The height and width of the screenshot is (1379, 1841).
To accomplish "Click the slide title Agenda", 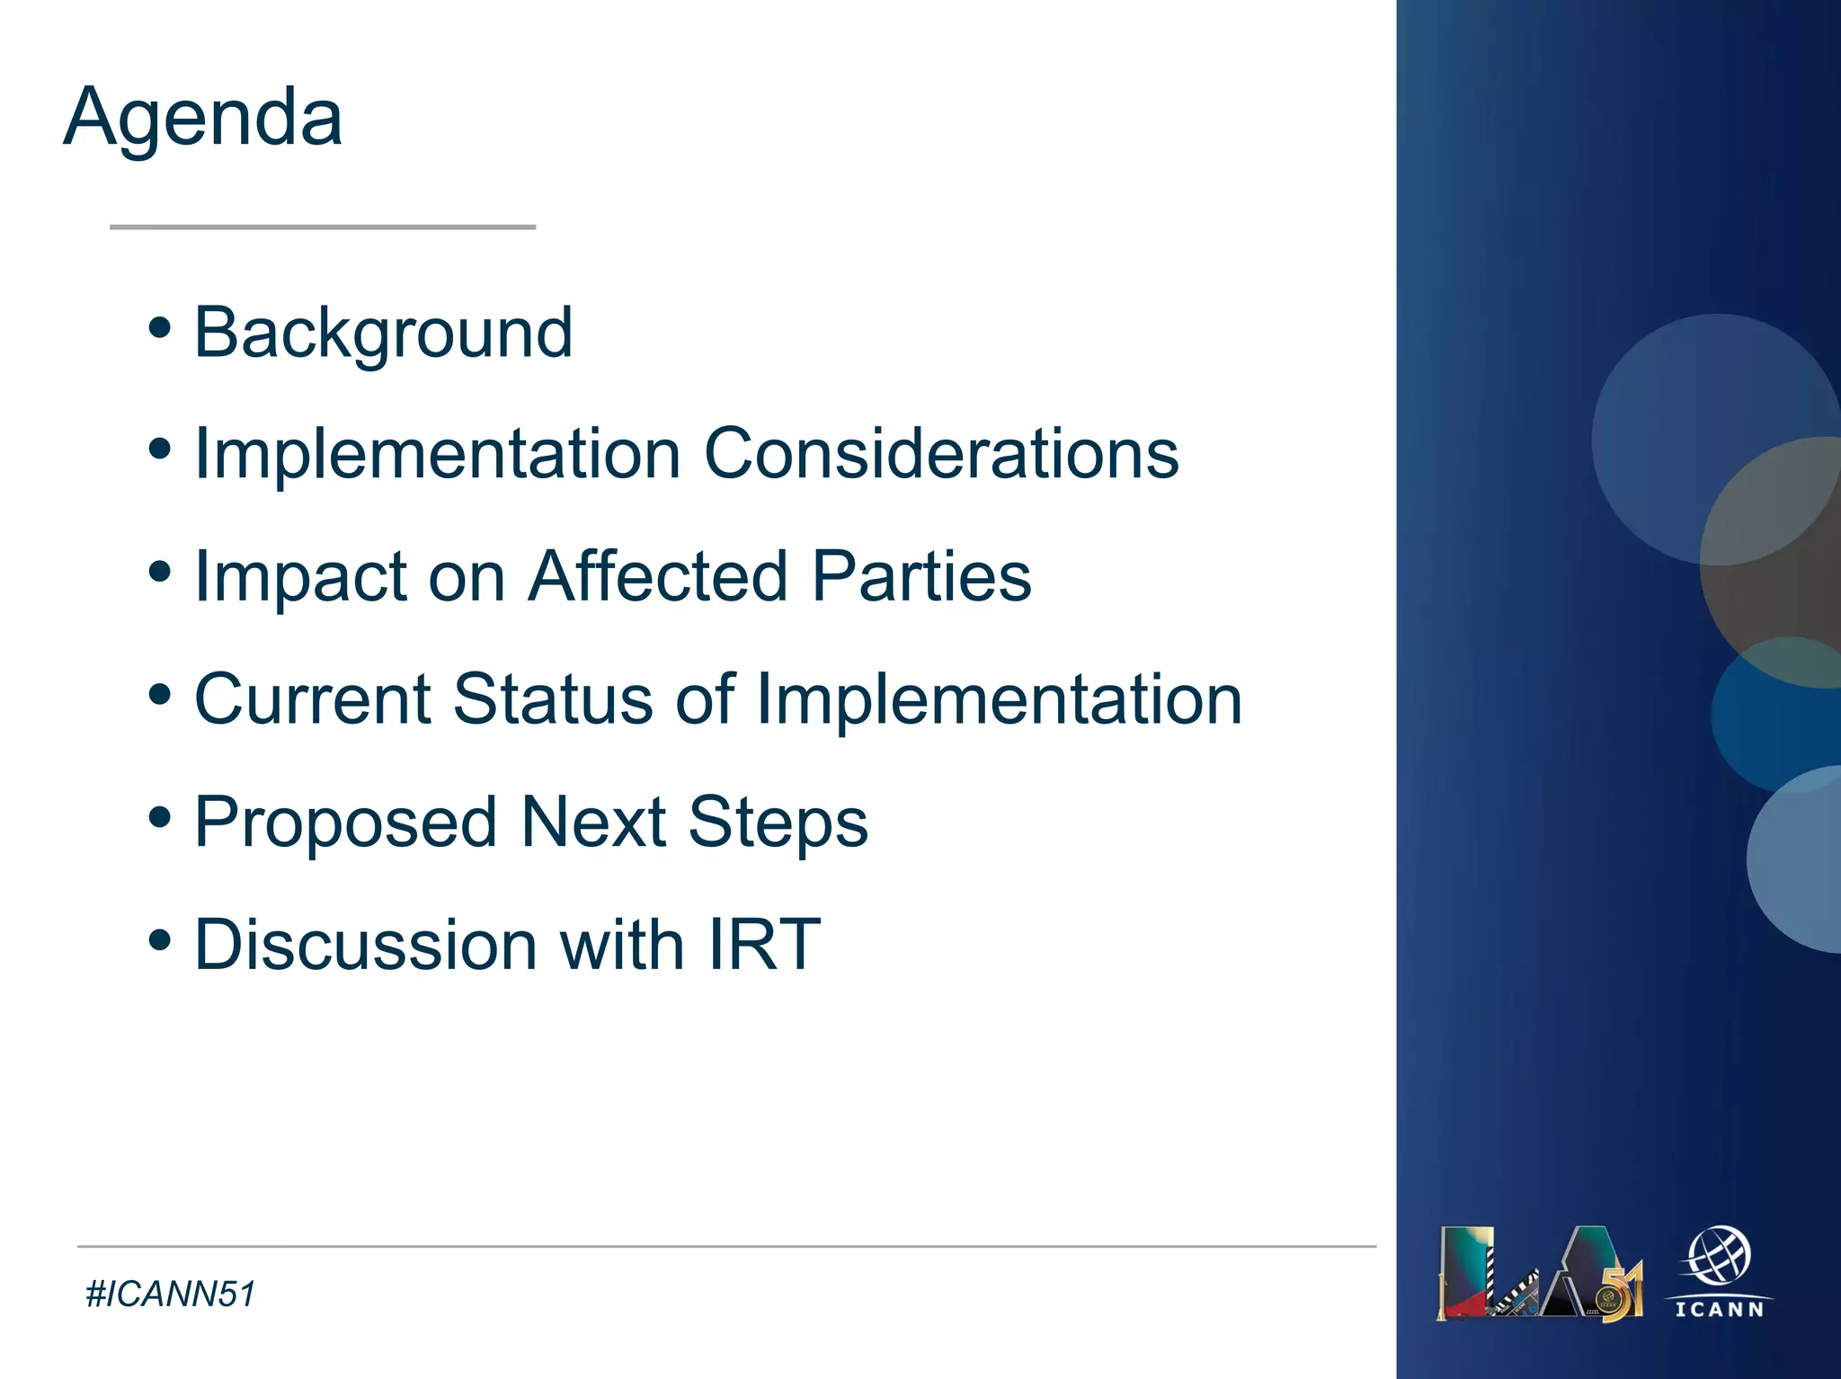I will (203, 119).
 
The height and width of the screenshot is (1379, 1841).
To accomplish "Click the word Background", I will (383, 334).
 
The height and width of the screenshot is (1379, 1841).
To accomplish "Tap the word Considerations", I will (940, 454).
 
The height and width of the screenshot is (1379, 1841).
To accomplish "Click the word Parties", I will (921, 576).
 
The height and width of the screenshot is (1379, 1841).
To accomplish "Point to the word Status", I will (553, 699).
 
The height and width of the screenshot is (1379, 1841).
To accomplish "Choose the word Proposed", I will (346, 823).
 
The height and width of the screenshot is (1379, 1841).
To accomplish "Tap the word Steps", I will (778, 823).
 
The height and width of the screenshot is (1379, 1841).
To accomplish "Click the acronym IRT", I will (764, 945).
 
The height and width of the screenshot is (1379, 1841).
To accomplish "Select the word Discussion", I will (366, 945).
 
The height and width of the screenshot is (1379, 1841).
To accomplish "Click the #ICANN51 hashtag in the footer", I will (171, 1294).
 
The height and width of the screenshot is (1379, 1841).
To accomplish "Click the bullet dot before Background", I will (160, 328).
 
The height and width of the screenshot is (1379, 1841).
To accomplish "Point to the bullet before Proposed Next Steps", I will (160, 818).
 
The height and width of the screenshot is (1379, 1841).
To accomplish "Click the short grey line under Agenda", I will (323, 227).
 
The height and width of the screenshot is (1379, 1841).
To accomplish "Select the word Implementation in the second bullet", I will (437, 454).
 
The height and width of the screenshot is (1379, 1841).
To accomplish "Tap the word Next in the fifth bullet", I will (593, 823).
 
